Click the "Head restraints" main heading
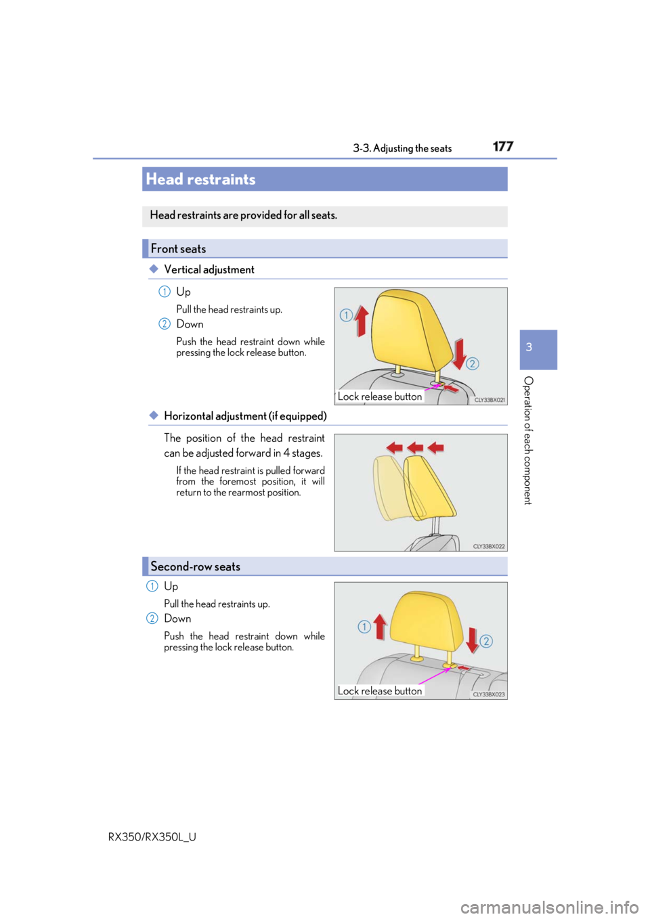coord(200,179)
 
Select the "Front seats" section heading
coord(178,248)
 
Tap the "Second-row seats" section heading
coord(195,566)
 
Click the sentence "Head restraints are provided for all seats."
coord(243,215)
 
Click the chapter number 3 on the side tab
coord(529,347)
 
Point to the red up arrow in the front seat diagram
coord(362,320)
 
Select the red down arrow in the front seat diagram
coord(460,353)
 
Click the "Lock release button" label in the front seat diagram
coord(380,397)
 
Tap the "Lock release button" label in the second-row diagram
coord(380,691)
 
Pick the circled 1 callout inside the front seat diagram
coord(346,315)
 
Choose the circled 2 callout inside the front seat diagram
coord(473,363)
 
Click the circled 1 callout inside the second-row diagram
coord(364,627)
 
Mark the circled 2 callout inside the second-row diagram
coord(486,641)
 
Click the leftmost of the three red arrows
coord(394,447)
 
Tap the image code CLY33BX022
coord(489,546)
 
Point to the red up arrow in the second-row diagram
coord(380,626)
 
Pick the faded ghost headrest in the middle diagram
coord(389,487)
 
